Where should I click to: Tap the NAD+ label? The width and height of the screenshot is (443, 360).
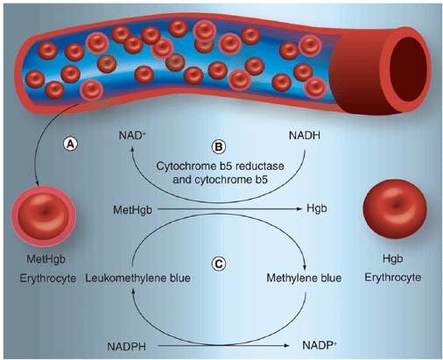(133, 138)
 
